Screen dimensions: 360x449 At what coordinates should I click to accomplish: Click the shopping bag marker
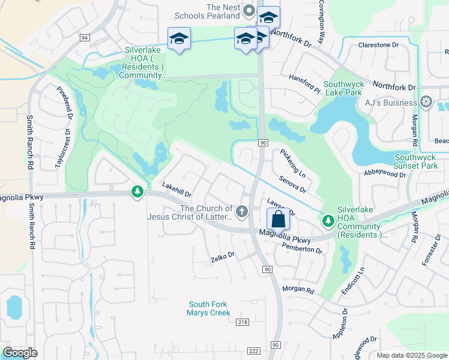pyautogui.click(x=279, y=220)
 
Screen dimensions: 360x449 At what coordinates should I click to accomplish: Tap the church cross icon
pyautogui.click(x=242, y=211)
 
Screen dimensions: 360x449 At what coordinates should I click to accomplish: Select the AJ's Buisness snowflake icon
pyautogui.click(x=426, y=103)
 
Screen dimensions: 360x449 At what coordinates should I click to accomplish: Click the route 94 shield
pyautogui.click(x=84, y=38)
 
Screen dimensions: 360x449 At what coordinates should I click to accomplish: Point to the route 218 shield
pyautogui.click(x=242, y=323)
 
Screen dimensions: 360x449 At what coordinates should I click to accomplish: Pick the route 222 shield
pyautogui.click(x=253, y=350)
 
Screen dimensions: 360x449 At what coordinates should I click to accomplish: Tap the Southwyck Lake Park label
pyautogui.click(x=343, y=88)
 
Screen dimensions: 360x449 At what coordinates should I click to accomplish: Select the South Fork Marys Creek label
pyautogui.click(x=208, y=308)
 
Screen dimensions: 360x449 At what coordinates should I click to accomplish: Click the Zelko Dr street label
pyautogui.click(x=222, y=259)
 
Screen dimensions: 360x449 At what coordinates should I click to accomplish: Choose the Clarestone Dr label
pyautogui.click(x=378, y=45)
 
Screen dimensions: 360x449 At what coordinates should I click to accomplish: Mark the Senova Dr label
pyautogui.click(x=293, y=184)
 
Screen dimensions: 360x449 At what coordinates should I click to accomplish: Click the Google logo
pyautogui.click(x=20, y=353)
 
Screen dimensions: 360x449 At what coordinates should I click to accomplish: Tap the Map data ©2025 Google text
pyautogui.click(x=411, y=355)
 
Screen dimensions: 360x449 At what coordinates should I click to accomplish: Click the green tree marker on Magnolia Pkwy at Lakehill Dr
pyautogui.click(x=138, y=192)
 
